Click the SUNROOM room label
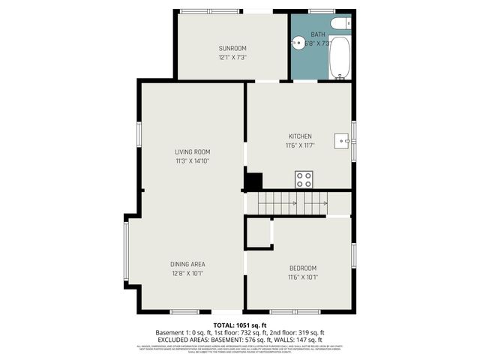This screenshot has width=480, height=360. coord(232,49)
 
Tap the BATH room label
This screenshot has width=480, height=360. coord(318,34)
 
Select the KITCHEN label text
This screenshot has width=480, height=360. coord(299,136)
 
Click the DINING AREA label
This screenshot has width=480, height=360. coord(187,264)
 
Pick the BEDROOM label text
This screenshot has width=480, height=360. coord(303,268)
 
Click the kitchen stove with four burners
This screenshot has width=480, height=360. coord(304,179)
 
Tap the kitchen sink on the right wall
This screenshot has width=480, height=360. coord(342,139)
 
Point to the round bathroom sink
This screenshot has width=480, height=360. coord(298,43)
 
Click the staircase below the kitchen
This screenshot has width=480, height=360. coord(292,202)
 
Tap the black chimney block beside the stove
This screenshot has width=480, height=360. coord(254,181)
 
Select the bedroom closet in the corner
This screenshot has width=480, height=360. coord(259,233)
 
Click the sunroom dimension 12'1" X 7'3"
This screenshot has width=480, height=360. coord(232,57)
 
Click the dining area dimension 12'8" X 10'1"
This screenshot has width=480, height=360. coord(187,273)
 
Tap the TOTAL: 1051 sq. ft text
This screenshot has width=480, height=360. coord(239,325)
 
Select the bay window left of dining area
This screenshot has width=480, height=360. coord(126,253)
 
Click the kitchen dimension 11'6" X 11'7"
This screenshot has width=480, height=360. coord(299,145)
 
